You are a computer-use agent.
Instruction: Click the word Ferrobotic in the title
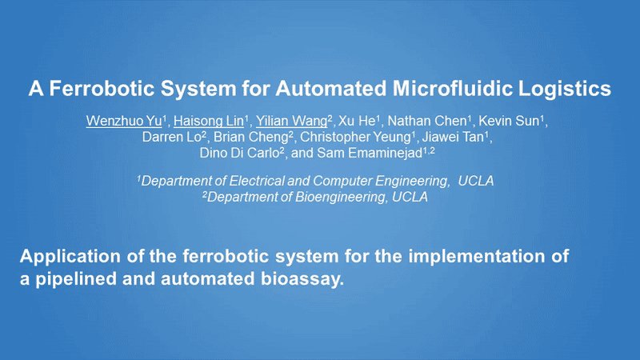point(102,89)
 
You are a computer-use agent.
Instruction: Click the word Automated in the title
point(330,89)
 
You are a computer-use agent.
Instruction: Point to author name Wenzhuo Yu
point(124,121)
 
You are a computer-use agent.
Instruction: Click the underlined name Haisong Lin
point(209,121)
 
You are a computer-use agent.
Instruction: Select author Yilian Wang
point(291,121)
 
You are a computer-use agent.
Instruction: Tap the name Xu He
point(357,121)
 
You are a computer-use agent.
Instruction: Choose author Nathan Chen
point(427,121)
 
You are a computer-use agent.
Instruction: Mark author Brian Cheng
point(251,137)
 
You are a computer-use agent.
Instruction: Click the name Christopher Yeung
point(355,137)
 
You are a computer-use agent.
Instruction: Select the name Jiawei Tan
point(453,137)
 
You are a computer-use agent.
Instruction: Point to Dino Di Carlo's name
point(239,153)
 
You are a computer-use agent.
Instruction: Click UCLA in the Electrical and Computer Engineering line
point(476,181)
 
